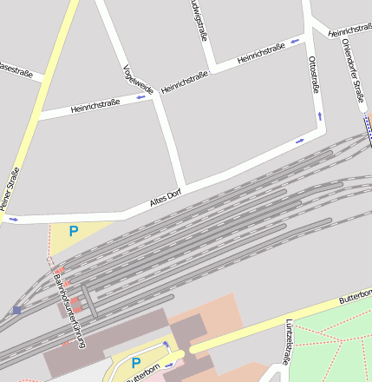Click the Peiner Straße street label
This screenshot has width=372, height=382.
[10, 187]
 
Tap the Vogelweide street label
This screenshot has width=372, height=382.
[138, 79]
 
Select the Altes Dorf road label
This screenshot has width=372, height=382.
[165, 199]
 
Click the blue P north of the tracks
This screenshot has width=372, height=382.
[74, 231]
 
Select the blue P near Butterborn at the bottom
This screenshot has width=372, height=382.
[135, 363]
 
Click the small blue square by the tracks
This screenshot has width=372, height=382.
[16, 310]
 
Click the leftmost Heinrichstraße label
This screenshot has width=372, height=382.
[95, 106]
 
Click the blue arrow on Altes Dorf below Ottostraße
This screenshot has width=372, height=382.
[300, 140]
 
